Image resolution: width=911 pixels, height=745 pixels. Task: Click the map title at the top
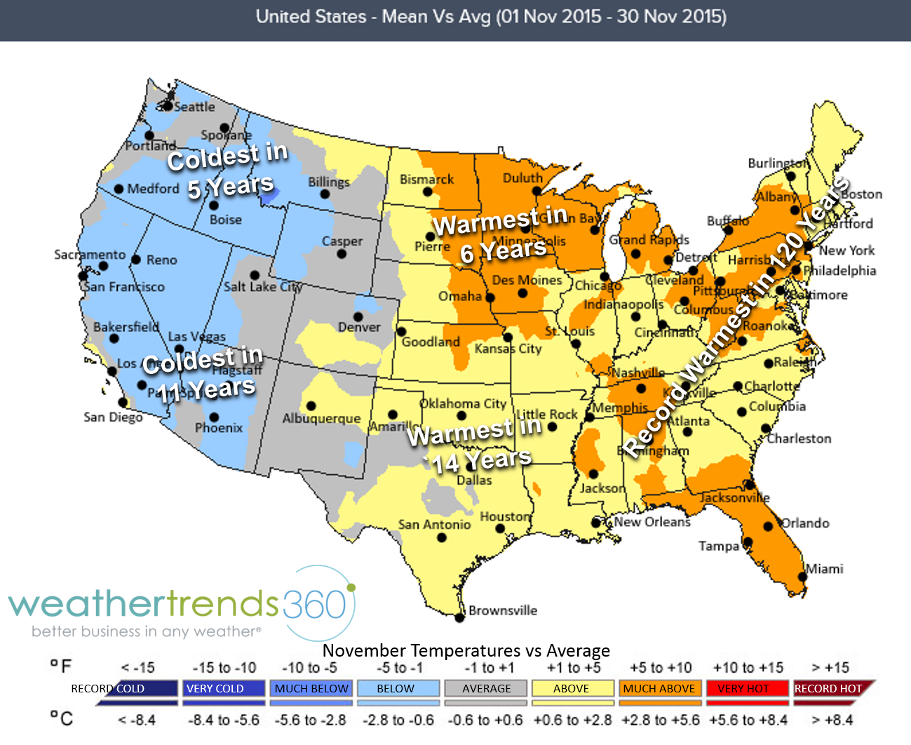tap(491, 17)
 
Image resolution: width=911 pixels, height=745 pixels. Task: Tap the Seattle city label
tap(194, 107)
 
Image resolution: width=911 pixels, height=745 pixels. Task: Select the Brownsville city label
tap(503, 610)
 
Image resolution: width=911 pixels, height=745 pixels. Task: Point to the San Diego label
tap(113, 417)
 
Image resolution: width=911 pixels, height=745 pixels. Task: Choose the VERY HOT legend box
tap(743, 689)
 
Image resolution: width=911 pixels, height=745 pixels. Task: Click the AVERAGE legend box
tap(487, 689)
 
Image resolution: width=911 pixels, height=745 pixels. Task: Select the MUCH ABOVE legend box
tap(659, 689)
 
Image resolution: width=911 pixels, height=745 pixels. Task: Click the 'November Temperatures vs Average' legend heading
tap(466, 651)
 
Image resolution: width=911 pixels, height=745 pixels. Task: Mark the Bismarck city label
tap(426, 180)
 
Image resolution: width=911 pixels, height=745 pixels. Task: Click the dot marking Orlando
tap(769, 526)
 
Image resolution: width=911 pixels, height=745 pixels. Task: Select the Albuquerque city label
tap(321, 419)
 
